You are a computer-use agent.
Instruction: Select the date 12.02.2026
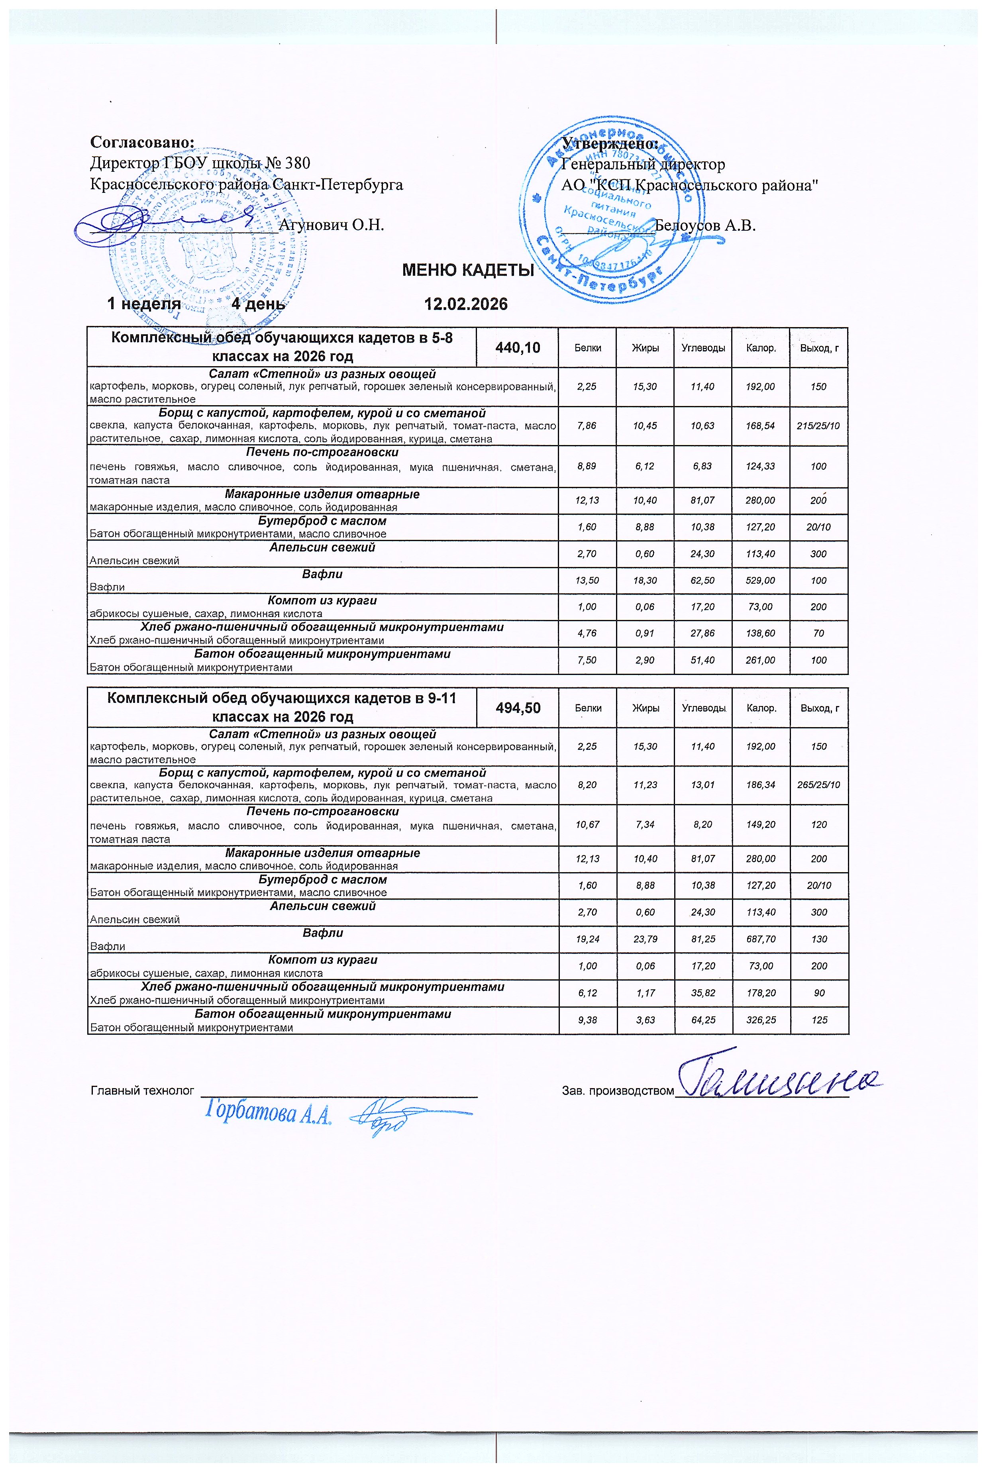tap(466, 304)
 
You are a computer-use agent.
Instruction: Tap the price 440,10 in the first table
tap(518, 347)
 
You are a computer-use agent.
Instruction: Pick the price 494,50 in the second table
tap(518, 707)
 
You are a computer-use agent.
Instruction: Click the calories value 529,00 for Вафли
tap(760, 580)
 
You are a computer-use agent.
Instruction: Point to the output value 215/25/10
tap(818, 426)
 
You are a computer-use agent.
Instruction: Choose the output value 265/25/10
tap(819, 785)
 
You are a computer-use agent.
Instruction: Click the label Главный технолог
tap(143, 1090)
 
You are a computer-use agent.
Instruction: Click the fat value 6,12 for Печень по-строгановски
tap(645, 466)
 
